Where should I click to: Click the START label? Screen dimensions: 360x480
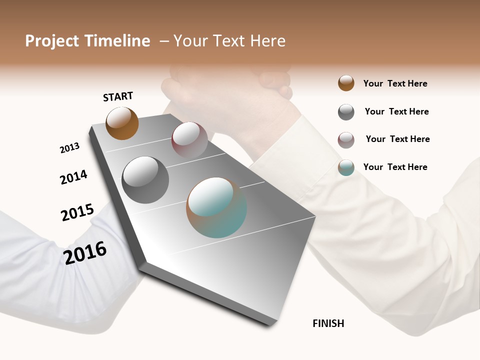pos(118,96)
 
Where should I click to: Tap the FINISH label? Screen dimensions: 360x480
pos(328,323)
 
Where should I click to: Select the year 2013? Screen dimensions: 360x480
pos(69,148)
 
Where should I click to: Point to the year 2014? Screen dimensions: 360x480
pos(73,177)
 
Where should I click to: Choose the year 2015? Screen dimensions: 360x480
pos(77,212)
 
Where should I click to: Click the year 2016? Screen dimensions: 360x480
pos(85,252)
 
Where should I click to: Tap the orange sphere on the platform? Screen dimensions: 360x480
pos(122,123)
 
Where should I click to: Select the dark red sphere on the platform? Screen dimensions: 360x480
pos(189,139)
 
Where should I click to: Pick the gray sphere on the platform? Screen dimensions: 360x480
pos(145,180)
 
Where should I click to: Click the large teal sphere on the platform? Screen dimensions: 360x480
pos(216,207)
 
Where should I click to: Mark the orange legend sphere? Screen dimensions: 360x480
pos(346,83)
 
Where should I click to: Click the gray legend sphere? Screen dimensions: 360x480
pos(346,112)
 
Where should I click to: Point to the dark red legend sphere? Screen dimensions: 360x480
pos(346,140)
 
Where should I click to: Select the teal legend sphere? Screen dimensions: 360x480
pos(346,167)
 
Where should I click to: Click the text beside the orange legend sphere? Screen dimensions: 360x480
pos(395,83)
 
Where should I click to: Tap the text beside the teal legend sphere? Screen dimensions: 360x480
pos(395,167)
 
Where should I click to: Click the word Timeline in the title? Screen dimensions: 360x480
pos(117,41)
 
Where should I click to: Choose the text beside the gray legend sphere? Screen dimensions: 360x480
pos(396,111)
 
